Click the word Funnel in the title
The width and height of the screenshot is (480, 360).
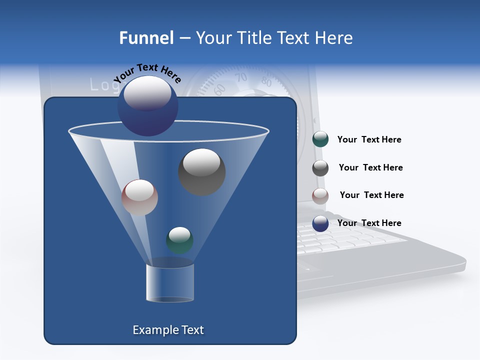(146, 38)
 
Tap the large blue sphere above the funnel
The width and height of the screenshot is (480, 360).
(147, 106)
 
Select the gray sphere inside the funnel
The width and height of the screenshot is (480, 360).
(201, 171)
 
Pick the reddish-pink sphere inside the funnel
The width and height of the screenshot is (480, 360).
(139, 197)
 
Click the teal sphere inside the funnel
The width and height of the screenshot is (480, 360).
(179, 240)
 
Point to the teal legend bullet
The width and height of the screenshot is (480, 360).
(320, 139)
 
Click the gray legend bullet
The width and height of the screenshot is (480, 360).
(320, 168)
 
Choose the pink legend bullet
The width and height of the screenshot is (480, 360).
(320, 195)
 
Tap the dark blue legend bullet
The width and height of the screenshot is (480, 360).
(320, 223)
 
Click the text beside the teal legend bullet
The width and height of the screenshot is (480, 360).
(369, 140)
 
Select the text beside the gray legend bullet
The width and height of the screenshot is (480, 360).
(370, 168)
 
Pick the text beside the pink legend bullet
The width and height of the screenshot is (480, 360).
(371, 195)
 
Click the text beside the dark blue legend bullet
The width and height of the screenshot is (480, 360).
(369, 223)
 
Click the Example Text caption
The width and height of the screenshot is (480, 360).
(168, 330)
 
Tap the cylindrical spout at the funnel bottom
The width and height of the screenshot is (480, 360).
(169, 282)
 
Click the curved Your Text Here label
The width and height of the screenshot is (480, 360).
(147, 73)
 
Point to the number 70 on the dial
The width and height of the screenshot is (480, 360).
(241, 77)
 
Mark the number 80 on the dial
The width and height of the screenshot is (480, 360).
(266, 82)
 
